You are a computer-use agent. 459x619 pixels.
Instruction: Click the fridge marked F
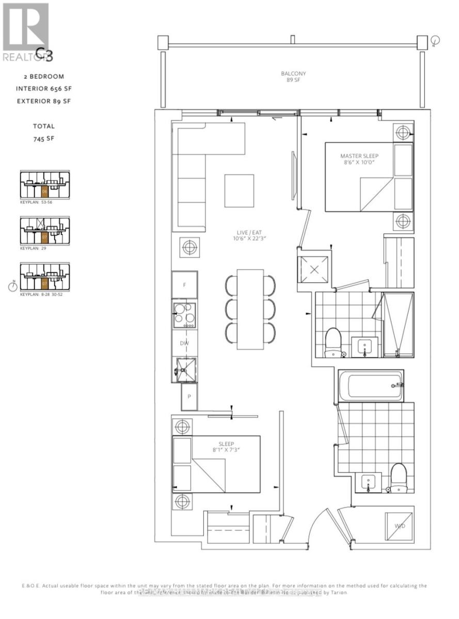pos(184,284)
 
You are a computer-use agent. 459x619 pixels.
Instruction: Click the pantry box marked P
pos(188,397)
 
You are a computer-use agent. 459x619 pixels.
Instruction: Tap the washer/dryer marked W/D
pos(399,527)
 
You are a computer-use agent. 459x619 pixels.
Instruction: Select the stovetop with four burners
pos(184,315)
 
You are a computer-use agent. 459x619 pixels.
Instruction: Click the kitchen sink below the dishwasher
pos(184,370)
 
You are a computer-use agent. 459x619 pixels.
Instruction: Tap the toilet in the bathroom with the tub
pos(398,478)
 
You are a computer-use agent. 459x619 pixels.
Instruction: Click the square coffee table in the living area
pos(239,191)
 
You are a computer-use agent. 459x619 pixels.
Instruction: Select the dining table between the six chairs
pos(250,309)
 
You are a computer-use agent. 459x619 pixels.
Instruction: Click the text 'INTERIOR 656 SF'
pos(43,88)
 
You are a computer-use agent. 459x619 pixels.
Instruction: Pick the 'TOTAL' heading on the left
pos(43,126)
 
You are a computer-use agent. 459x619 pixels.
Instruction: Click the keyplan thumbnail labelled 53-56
pos(44,186)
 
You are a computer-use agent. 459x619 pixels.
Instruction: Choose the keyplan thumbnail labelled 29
pos(44,232)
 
